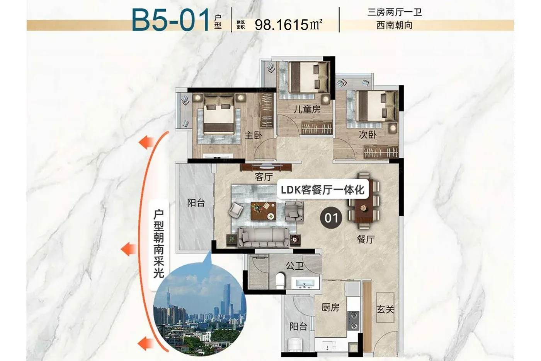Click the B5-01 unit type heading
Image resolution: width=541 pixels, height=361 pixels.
(170, 20)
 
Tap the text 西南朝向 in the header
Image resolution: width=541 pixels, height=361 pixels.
(395, 25)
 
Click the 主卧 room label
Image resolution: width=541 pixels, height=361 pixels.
(253, 135)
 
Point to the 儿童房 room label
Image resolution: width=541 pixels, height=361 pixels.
(307, 109)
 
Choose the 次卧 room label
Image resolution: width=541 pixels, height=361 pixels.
(367, 134)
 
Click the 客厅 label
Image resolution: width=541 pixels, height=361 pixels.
(264, 177)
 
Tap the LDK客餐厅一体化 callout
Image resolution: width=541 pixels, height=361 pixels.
(323, 190)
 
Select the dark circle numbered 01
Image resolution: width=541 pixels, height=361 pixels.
(331, 217)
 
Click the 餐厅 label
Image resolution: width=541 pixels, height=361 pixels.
(366, 239)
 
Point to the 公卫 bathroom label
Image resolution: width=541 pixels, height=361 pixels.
(294, 266)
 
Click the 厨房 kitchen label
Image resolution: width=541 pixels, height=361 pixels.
(330, 307)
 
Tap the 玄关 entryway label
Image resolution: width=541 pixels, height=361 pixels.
(385, 309)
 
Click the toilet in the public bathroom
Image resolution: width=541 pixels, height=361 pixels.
(280, 281)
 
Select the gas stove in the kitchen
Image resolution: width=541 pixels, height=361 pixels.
(353, 321)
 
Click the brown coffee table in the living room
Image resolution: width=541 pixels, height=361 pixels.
(263, 211)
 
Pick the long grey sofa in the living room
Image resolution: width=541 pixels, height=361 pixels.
(264, 238)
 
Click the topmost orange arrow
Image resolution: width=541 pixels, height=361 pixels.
(146, 142)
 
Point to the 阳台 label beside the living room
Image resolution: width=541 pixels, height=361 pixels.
(196, 203)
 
